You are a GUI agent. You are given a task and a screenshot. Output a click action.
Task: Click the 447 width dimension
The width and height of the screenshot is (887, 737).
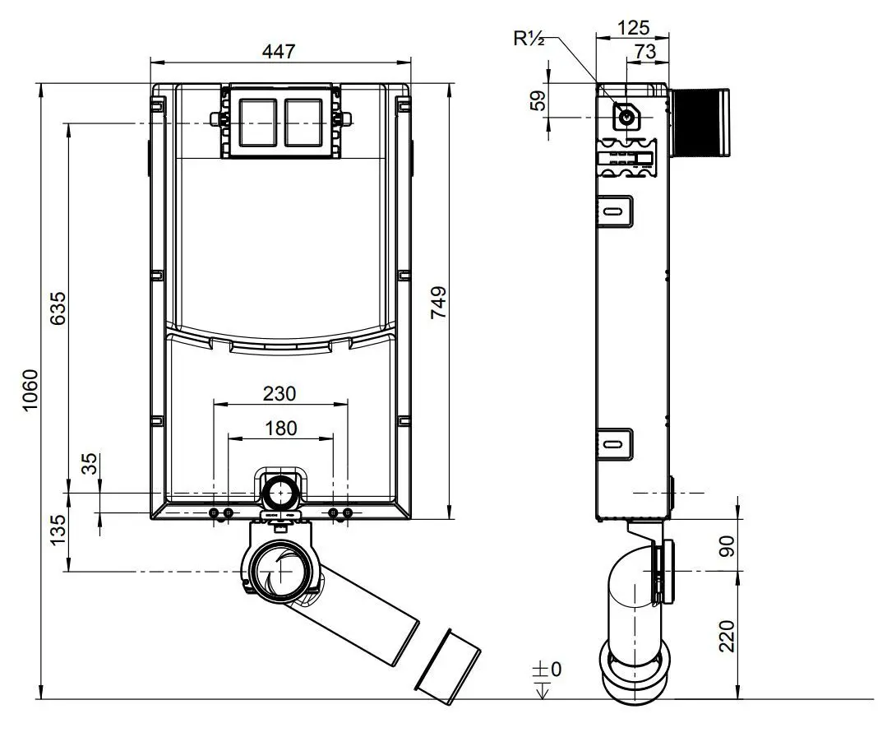(x=279, y=51)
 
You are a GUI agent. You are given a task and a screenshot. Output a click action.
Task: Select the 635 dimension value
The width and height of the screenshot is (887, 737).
(x=58, y=308)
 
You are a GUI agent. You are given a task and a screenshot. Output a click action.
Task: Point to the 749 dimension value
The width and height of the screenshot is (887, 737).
(x=439, y=302)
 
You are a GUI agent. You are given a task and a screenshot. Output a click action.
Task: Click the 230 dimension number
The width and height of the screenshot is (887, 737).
(x=279, y=393)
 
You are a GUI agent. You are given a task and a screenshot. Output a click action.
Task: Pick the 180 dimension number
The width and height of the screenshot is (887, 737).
(x=280, y=428)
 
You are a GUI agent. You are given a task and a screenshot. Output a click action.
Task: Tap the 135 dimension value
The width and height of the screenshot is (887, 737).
(x=58, y=530)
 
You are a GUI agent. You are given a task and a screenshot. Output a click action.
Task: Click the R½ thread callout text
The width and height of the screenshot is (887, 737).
(x=529, y=38)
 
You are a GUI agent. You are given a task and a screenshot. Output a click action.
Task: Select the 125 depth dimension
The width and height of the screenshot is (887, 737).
(x=633, y=27)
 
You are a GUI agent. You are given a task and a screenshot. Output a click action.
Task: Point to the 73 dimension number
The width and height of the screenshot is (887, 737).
(x=644, y=51)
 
